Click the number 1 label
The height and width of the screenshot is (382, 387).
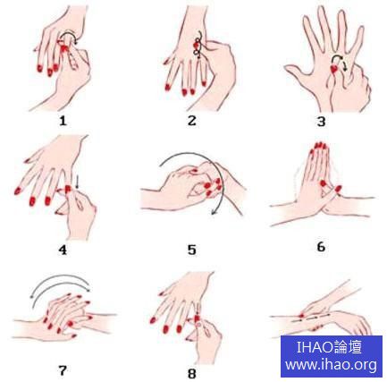(63, 121)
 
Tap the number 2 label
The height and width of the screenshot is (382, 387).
(192, 121)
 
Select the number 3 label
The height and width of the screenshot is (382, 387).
(321, 122)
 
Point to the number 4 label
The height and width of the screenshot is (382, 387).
(63, 250)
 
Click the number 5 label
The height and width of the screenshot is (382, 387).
(192, 250)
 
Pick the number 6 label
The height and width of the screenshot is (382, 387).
(321, 247)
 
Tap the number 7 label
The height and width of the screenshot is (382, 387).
(63, 370)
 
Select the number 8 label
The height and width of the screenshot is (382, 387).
(192, 373)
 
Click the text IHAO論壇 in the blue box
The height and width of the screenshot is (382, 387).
(330, 347)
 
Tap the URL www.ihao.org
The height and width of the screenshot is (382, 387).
(331, 364)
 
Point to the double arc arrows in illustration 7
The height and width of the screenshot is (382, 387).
(60, 280)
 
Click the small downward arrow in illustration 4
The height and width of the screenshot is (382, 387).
(77, 182)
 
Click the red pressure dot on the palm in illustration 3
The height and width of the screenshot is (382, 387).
(334, 69)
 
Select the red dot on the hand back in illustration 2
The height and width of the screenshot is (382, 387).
(196, 46)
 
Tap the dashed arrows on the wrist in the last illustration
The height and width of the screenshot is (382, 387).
(310, 318)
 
